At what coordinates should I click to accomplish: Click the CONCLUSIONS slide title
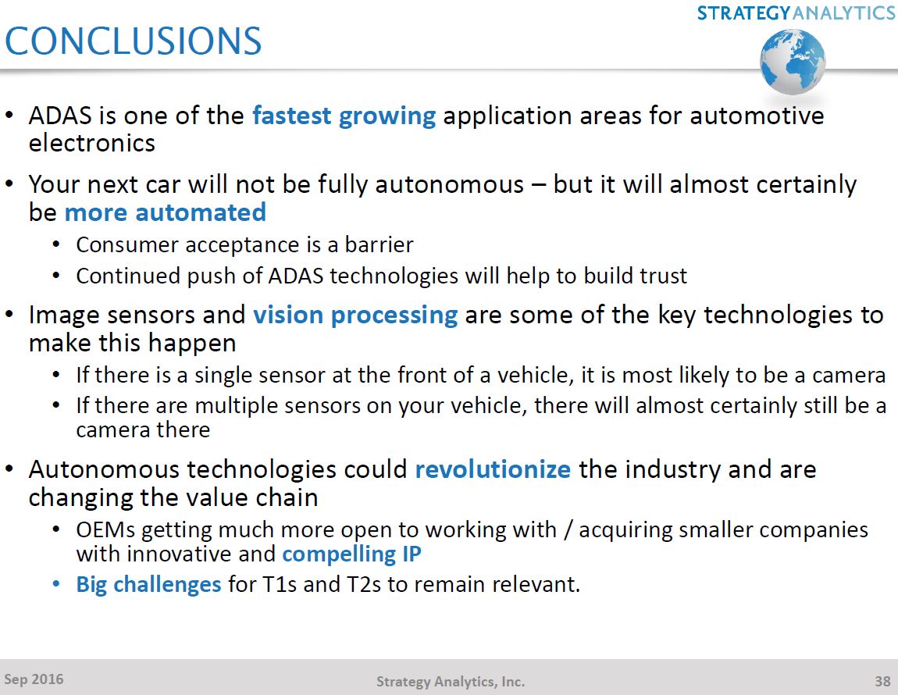point(134,41)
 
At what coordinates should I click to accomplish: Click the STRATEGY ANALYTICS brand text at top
point(796,12)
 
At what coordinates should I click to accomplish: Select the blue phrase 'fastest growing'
point(344,116)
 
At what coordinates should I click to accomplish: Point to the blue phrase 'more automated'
point(165,212)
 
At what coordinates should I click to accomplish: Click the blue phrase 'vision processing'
point(355,315)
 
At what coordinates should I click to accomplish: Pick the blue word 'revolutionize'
point(493,470)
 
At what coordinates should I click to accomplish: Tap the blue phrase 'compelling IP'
point(351,554)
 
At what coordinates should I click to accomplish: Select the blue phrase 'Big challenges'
point(148,584)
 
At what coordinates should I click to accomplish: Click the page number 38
point(882,681)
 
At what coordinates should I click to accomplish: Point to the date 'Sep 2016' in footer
point(34,679)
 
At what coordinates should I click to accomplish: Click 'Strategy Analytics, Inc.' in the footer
point(451,682)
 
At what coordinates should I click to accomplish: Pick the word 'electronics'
point(92,144)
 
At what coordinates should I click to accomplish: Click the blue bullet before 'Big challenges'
point(55,584)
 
